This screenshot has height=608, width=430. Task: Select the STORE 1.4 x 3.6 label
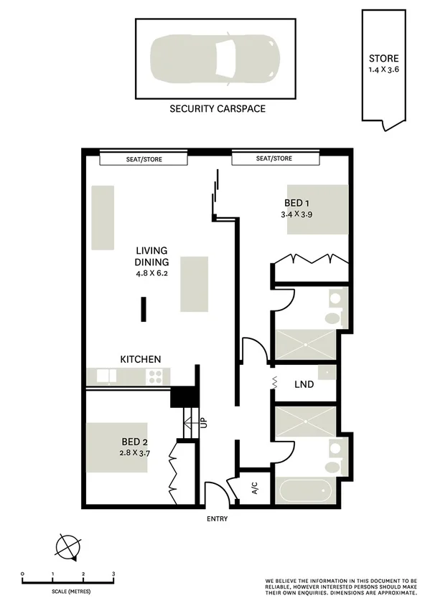click(x=384, y=64)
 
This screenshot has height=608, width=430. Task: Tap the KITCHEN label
click(x=140, y=358)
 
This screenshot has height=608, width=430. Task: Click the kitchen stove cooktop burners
click(x=154, y=376)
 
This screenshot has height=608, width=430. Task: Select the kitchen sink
click(x=106, y=376)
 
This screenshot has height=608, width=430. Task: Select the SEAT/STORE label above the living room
click(x=144, y=158)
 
